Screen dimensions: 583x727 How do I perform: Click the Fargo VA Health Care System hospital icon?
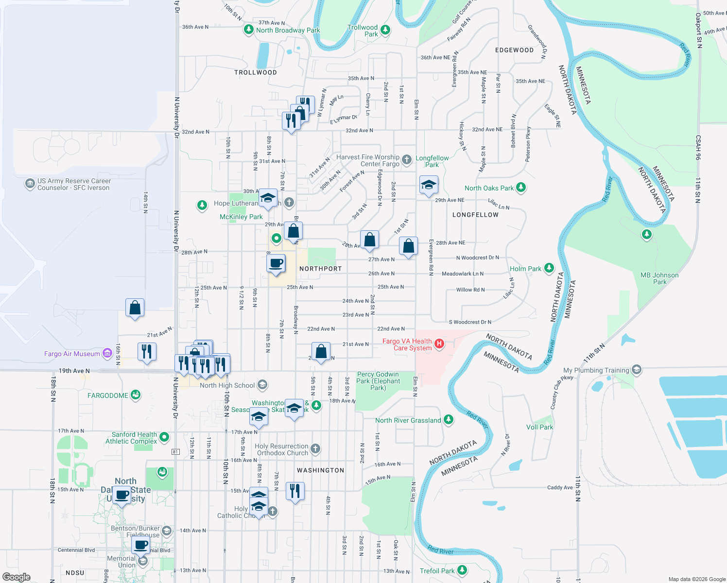click(439, 344)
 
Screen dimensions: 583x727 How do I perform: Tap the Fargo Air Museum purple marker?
click(107, 354)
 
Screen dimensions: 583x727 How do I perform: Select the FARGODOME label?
click(108, 395)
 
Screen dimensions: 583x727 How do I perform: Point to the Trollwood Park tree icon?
click(385, 30)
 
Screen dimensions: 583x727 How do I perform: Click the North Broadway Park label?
click(288, 30)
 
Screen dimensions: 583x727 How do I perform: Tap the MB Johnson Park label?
click(659, 278)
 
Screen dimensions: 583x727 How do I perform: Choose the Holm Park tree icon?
click(549, 268)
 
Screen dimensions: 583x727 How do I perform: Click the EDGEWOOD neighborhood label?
click(514, 50)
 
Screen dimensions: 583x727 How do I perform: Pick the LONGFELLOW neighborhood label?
click(475, 215)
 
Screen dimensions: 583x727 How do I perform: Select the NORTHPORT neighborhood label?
click(320, 269)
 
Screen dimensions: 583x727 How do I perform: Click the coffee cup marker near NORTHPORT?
click(276, 264)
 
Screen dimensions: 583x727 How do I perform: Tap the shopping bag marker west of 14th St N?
click(135, 308)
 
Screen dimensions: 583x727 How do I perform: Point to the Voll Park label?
click(539, 427)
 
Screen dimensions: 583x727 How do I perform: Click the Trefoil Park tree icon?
click(462, 570)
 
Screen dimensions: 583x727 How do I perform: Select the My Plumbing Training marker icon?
click(636, 370)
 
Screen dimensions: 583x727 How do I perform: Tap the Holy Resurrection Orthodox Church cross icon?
click(315, 449)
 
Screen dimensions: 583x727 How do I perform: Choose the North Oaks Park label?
click(489, 188)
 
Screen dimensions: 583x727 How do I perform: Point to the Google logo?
click(16, 577)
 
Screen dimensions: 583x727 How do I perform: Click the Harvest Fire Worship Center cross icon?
click(407, 159)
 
